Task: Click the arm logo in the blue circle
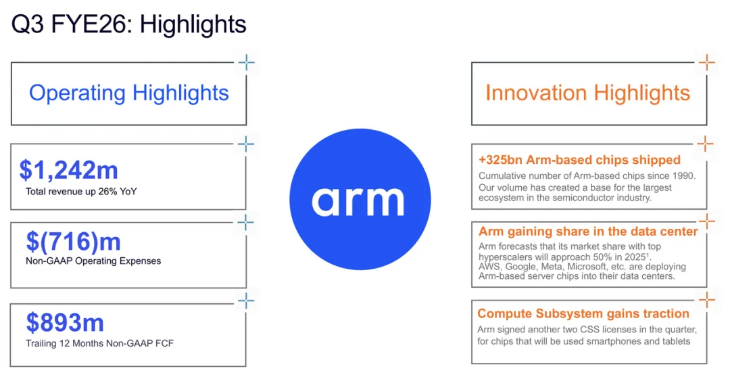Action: [358, 200]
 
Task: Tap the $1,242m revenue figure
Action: [70, 171]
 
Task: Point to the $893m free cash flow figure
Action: [65, 322]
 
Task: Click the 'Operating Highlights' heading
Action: [128, 93]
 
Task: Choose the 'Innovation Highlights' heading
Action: [587, 93]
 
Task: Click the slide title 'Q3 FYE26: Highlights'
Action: [128, 25]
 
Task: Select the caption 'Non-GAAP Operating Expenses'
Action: [93, 261]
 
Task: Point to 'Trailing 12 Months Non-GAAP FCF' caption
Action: [99, 343]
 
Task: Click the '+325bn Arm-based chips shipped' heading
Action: [579, 160]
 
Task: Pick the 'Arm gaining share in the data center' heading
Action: [588, 231]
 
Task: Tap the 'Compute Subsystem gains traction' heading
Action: [583, 313]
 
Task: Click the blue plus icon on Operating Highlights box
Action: [246, 64]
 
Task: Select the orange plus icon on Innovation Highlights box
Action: [706, 64]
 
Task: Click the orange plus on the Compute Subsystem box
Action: [706, 301]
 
